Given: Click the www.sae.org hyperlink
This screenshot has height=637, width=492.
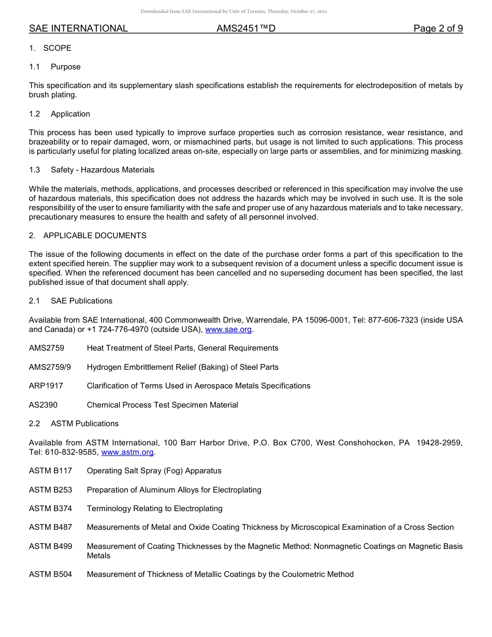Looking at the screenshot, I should point(228,329).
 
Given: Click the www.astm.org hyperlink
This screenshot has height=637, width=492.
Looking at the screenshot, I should point(127,452).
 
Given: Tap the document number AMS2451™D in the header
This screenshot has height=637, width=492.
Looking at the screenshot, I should point(246,28).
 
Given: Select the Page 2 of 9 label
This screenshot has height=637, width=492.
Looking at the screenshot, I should point(438,28).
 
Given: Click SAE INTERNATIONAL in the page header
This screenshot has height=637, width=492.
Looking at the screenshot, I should point(78,28).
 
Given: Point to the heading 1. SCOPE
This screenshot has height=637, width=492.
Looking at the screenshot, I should point(50,48).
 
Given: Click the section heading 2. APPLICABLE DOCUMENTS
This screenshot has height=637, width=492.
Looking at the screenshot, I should point(88,236).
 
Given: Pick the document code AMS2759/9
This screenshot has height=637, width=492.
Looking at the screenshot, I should point(50,367).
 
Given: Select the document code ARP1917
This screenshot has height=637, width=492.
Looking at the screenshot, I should point(46,386).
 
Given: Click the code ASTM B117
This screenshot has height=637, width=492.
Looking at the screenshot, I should point(50,471).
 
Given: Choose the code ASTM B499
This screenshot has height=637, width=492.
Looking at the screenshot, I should point(50,546).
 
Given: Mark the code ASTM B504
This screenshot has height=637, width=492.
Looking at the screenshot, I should point(50,574).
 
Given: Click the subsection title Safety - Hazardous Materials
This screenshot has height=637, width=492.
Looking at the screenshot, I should point(103,170).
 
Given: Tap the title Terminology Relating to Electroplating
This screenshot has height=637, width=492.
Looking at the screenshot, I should point(154,509).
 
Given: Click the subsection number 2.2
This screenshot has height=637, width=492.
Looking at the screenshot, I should point(34,424).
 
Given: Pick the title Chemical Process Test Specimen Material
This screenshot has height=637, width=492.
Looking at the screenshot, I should point(162,405).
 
